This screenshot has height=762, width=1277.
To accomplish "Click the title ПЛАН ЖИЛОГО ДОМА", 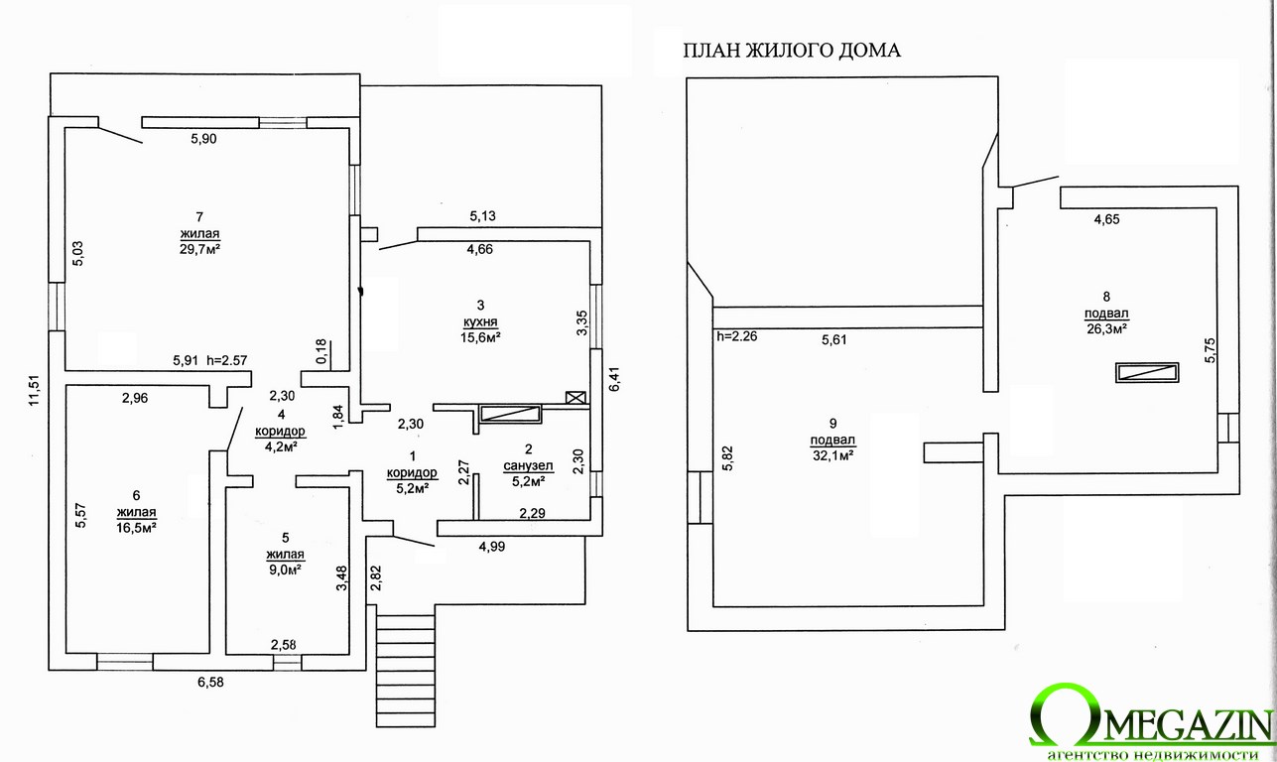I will [x=792, y=52].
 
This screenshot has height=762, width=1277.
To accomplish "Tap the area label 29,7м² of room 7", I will [x=199, y=248].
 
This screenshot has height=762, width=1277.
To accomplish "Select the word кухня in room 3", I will [x=480, y=321].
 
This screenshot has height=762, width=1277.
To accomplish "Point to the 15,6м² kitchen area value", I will [x=480, y=337].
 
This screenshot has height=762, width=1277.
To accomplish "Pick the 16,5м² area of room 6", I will [x=137, y=528].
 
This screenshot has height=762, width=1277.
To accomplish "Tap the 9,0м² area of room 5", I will [x=285, y=570].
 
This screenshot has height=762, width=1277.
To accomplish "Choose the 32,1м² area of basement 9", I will [x=833, y=455].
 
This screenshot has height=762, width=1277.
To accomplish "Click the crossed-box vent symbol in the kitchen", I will [x=575, y=398].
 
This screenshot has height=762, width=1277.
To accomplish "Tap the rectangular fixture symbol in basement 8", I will [x=1148, y=373].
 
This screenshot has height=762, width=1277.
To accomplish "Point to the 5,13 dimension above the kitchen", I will [x=482, y=215].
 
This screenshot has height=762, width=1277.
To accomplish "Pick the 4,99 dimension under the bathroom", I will [x=491, y=546].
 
